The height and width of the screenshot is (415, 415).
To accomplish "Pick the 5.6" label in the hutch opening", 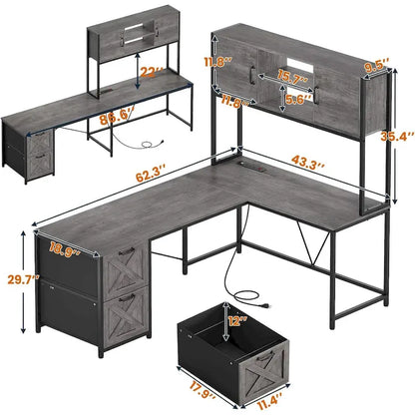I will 298,100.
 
